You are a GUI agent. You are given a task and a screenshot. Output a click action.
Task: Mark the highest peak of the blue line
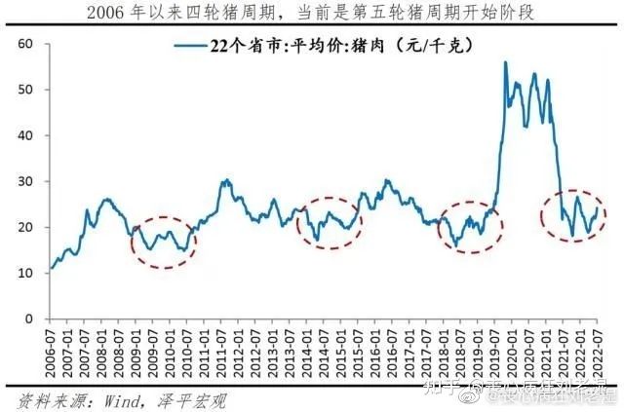click(505, 62)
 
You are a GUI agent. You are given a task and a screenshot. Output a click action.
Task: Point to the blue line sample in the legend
click(190, 46)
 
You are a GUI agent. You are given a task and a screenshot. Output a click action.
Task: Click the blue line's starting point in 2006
click(51, 268)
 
